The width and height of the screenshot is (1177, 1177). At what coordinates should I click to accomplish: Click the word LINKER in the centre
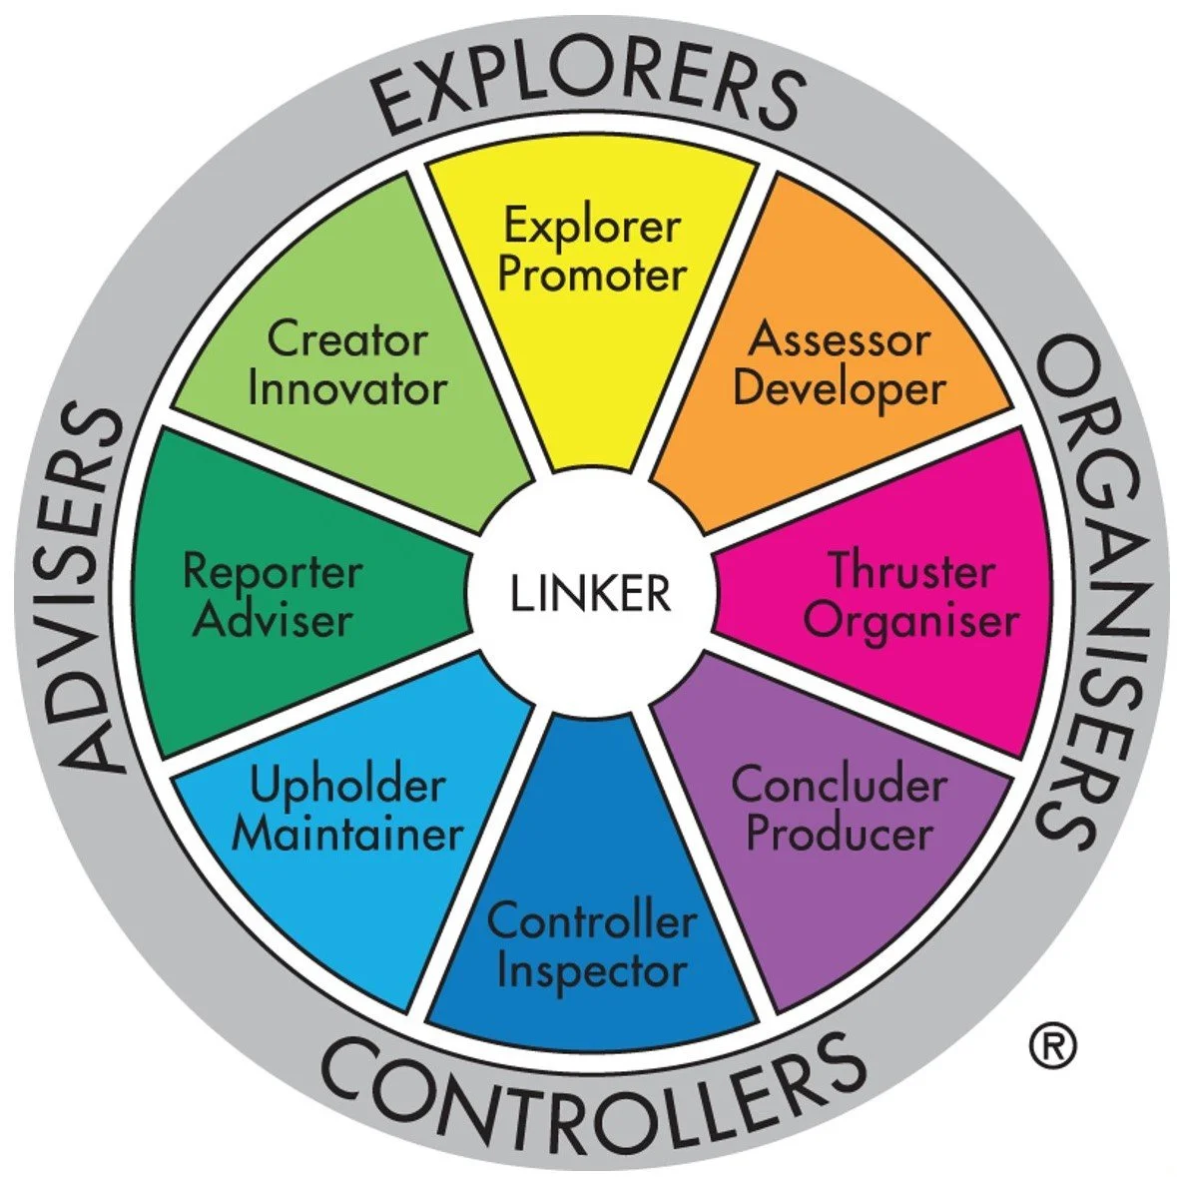click(x=590, y=593)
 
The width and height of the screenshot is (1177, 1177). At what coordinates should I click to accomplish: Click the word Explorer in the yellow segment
click(x=591, y=226)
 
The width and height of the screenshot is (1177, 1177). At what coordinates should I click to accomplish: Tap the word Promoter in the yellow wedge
click(x=592, y=275)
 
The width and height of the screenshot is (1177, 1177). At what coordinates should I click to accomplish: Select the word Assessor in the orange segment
click(x=839, y=339)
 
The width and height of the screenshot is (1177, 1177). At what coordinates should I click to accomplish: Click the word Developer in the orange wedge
click(x=839, y=388)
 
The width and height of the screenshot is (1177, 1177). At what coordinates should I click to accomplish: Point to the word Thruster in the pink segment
click(x=911, y=572)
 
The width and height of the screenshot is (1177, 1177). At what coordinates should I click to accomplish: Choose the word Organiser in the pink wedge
click(x=911, y=620)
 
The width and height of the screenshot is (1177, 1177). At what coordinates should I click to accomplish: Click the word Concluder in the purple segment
click(x=839, y=785)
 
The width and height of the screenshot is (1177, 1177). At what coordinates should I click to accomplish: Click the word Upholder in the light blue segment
click(x=346, y=786)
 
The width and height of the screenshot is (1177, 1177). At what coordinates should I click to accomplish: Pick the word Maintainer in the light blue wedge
click(x=346, y=834)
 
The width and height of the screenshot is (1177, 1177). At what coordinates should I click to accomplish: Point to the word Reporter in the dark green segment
click(x=272, y=572)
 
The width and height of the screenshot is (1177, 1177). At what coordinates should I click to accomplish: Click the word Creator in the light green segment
click(x=346, y=339)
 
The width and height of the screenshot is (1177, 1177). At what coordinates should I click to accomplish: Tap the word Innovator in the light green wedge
click(x=346, y=388)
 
